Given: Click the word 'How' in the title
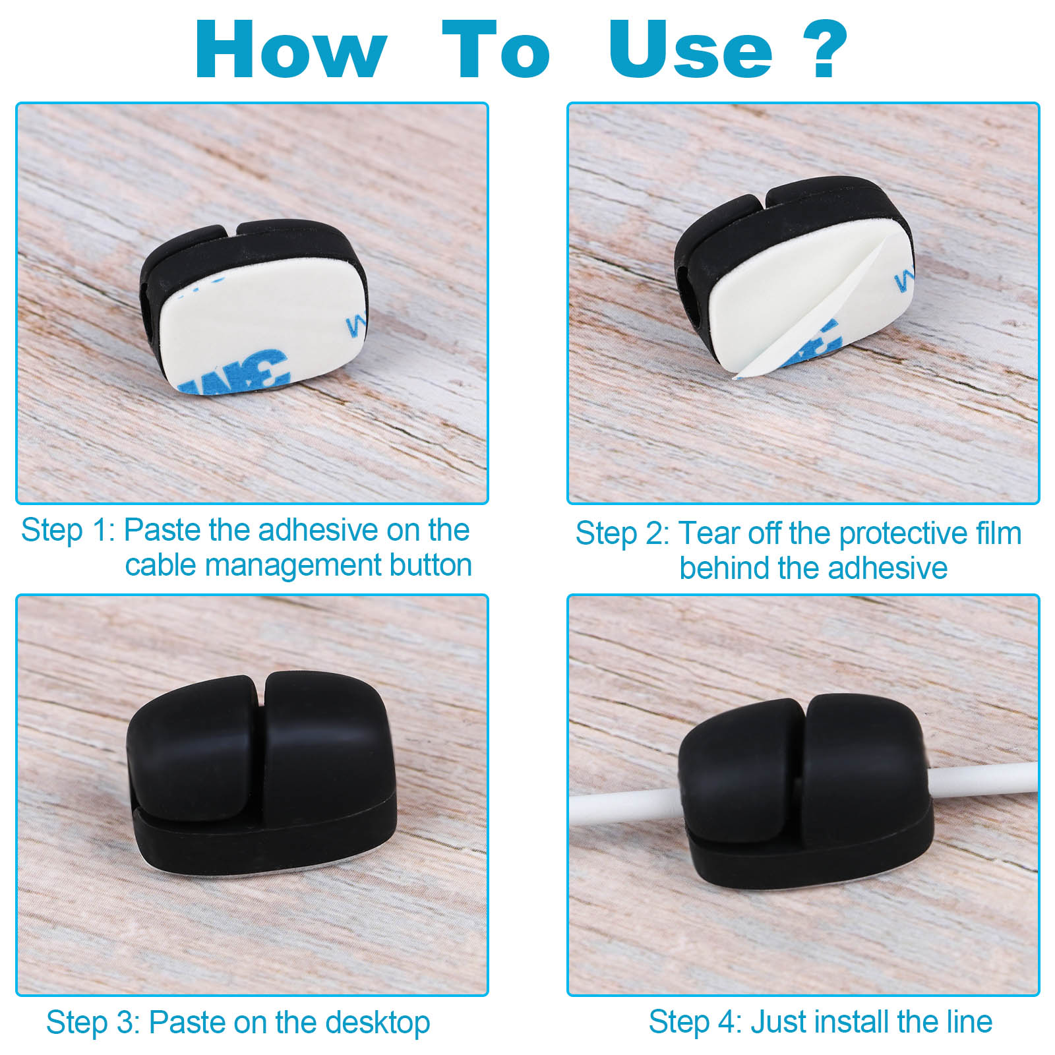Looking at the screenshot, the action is pos(290,50).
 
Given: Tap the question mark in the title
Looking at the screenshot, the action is pos(822,49).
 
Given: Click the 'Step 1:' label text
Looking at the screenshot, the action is pos(68,531).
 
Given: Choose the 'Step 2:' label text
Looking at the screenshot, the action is pos(622,533).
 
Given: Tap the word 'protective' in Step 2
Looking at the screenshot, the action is pos(907,534).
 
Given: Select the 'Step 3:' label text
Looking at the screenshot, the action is pos(93,1023).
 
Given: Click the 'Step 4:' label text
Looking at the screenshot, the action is pos(696,1022).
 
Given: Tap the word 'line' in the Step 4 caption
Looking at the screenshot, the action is pos(969,1021).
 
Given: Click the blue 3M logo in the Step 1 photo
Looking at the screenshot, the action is pos(234,373).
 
